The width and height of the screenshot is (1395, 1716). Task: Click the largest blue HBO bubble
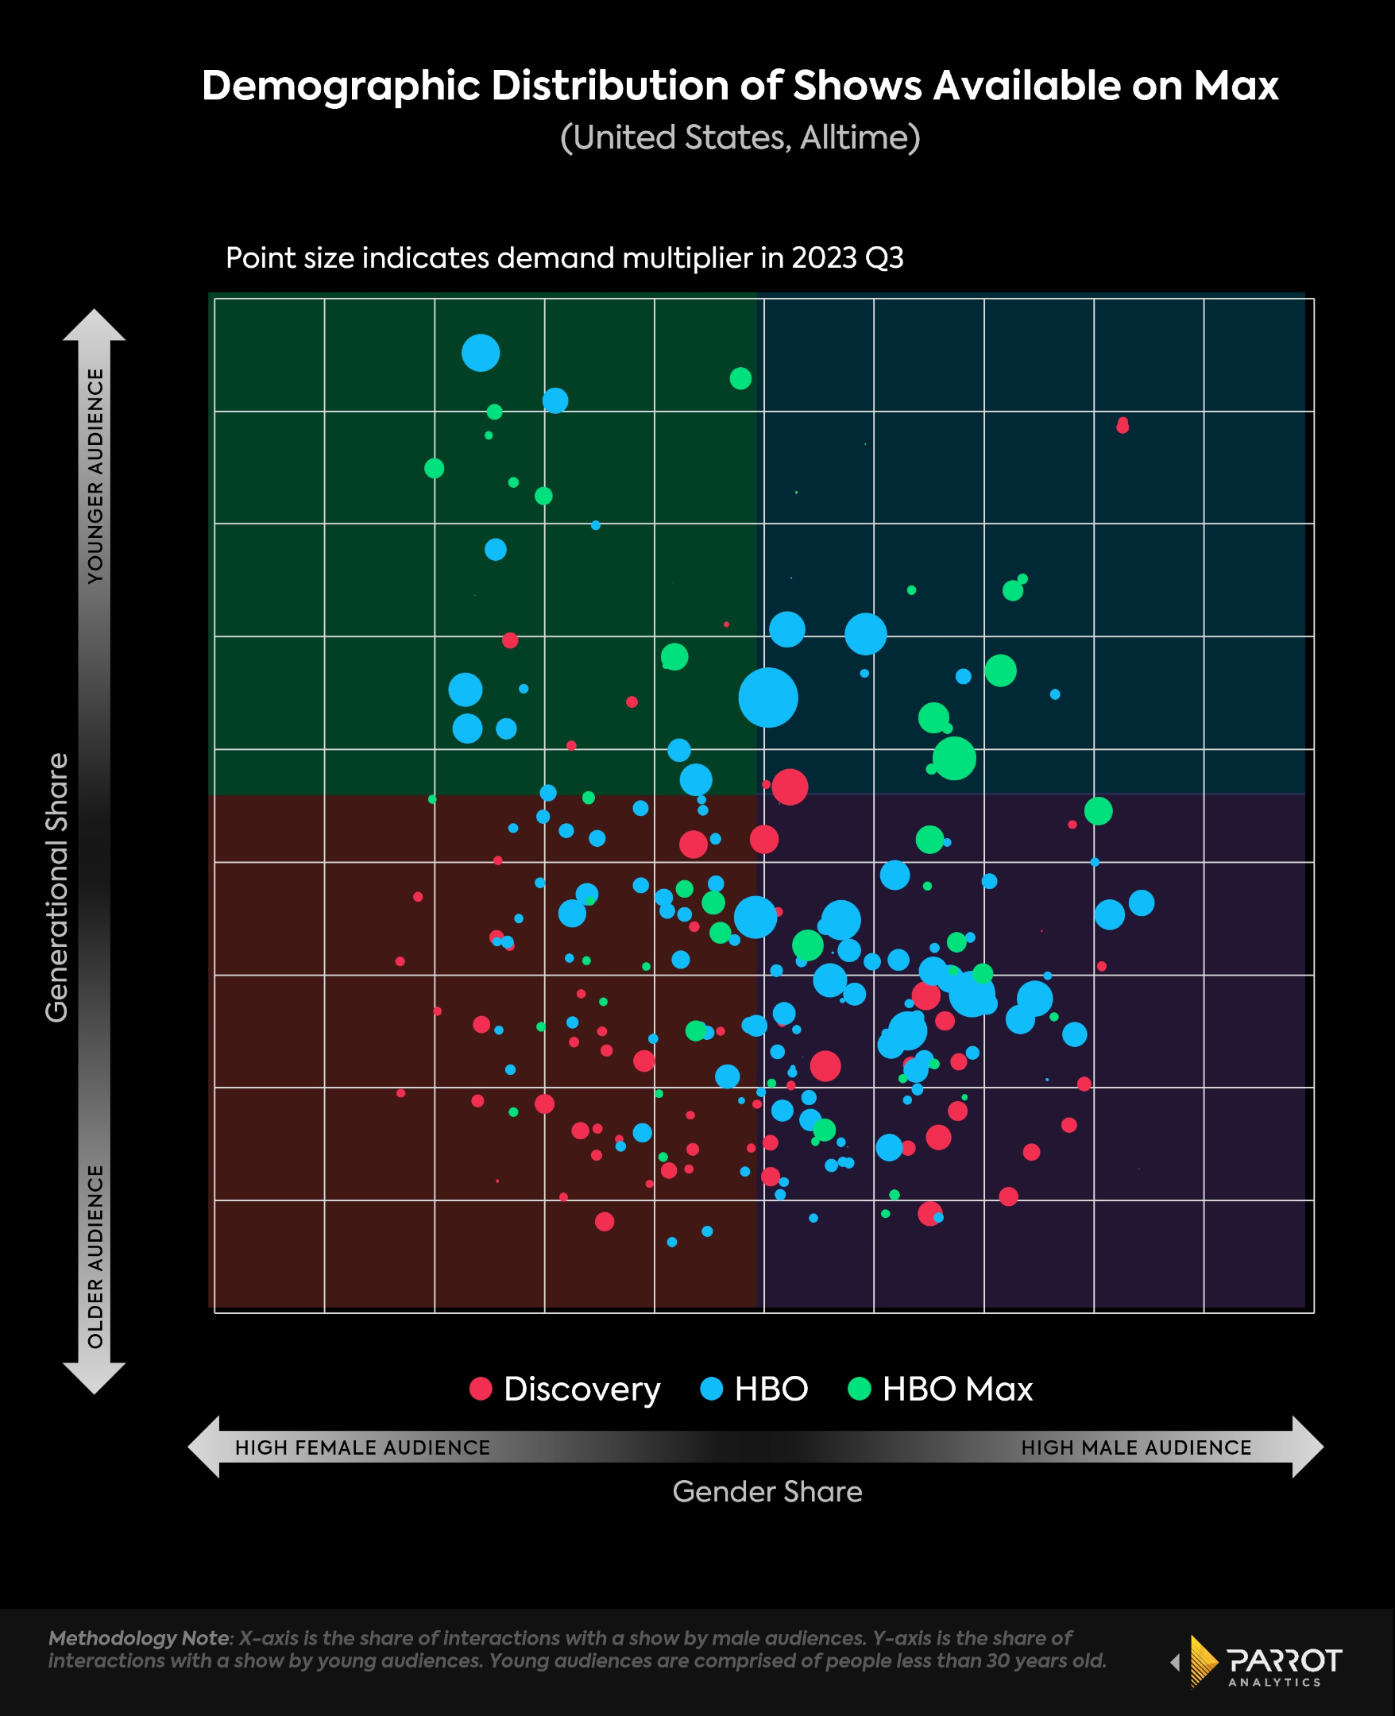coord(767,698)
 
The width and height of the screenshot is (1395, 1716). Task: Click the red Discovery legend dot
coord(481,1389)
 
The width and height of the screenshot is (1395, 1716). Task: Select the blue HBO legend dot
coord(711,1389)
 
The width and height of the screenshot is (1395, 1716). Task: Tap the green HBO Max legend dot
coord(859,1389)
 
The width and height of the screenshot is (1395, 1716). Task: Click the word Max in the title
coord(1235,86)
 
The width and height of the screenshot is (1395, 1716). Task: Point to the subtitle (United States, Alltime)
coord(740,137)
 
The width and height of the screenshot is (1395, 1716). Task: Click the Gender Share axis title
coord(767,1492)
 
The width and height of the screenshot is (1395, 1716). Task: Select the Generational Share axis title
coord(56,887)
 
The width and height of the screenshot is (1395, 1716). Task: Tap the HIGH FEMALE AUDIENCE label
coord(362,1447)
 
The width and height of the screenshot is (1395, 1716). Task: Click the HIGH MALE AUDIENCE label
coord(1135,1447)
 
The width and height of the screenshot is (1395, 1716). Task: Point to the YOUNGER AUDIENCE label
coord(95,476)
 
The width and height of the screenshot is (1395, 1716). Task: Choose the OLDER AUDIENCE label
coord(95,1257)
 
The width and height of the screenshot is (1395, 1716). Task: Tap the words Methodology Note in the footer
coord(138,1638)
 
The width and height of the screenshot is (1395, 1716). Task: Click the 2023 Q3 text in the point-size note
coord(847,258)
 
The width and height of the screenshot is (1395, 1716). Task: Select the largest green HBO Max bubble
coord(954,759)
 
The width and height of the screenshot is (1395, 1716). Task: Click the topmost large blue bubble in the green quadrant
coord(481,353)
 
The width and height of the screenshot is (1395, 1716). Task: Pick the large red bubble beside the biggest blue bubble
coord(789,786)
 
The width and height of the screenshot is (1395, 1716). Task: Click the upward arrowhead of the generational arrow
coord(94,325)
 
